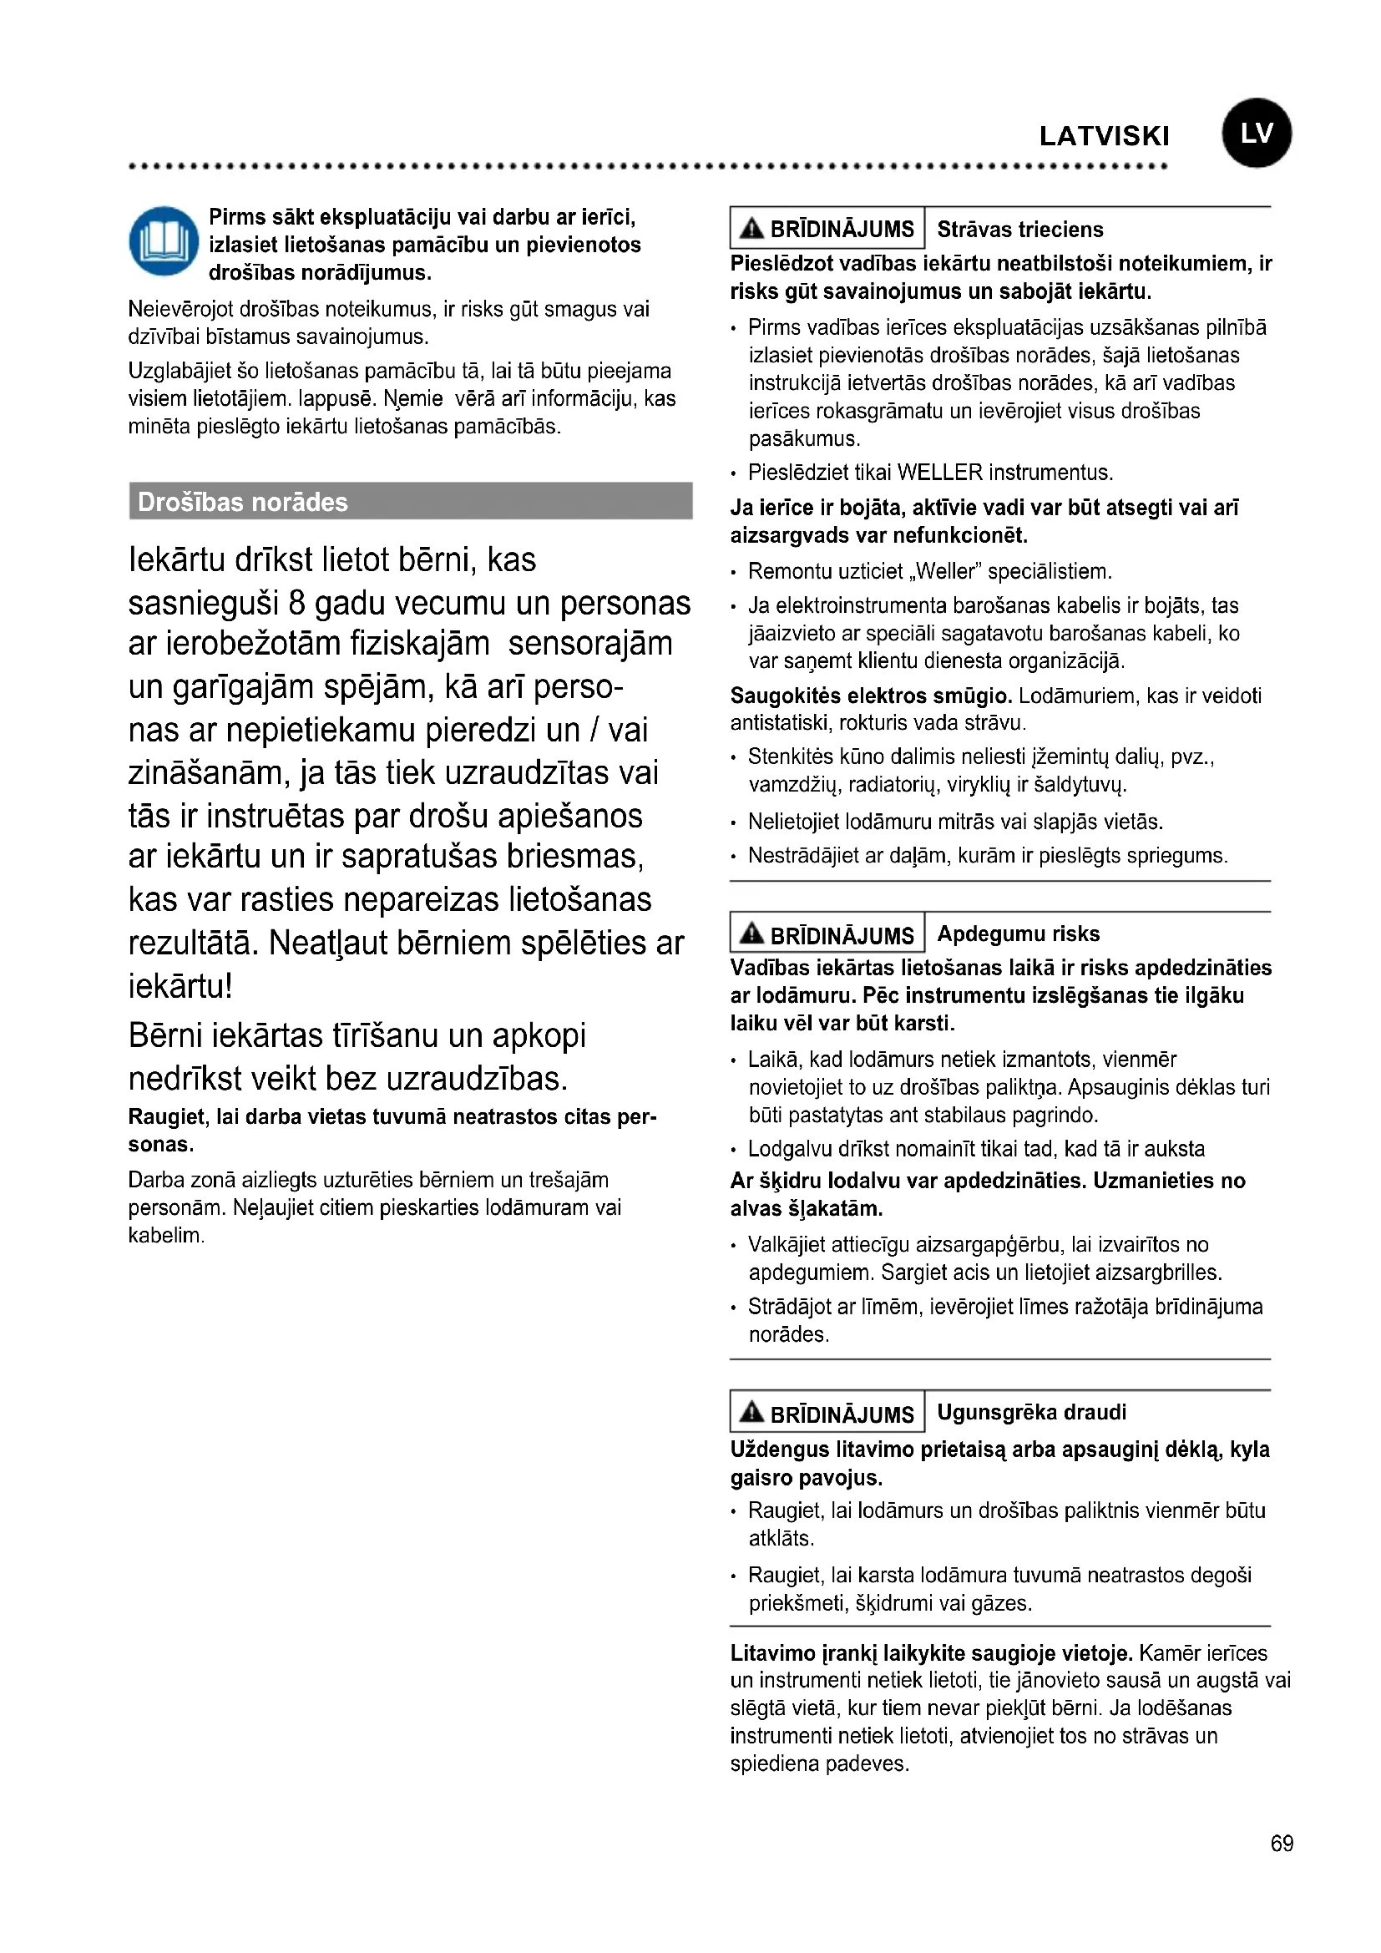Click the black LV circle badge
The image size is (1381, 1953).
(x=1256, y=133)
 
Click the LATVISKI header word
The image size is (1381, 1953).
(x=1104, y=136)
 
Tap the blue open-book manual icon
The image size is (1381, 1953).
(x=164, y=241)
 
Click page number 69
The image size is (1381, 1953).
(x=1282, y=1844)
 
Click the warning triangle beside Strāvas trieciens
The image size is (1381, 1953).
(x=751, y=228)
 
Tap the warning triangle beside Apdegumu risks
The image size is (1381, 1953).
(x=751, y=933)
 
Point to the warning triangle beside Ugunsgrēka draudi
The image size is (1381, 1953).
(x=751, y=1412)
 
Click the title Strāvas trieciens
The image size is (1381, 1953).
(x=1019, y=230)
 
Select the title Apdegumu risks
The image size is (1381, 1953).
(x=1018, y=934)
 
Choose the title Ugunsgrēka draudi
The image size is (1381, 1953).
(x=1031, y=1413)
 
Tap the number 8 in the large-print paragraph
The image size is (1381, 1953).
(x=296, y=603)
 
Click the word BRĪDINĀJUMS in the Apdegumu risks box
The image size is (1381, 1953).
(x=841, y=937)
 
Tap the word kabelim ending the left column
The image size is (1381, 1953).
(x=165, y=1236)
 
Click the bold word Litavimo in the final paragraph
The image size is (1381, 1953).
(x=773, y=1653)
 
